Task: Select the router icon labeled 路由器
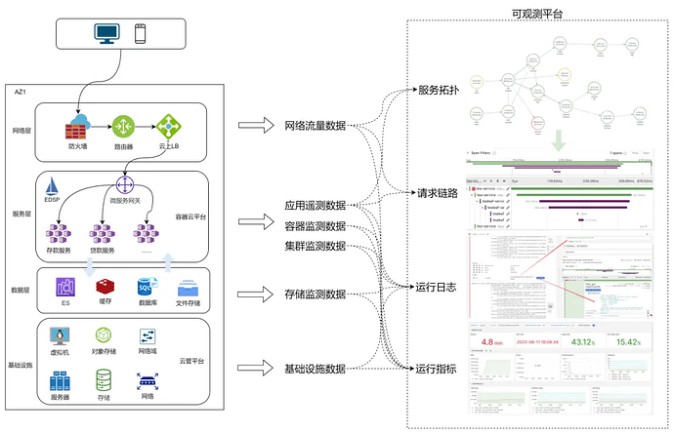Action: point(123,126)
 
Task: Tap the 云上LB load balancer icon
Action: point(169,126)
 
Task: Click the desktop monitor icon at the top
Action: point(107,34)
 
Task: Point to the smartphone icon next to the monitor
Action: point(141,34)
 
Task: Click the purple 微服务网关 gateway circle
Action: point(125,183)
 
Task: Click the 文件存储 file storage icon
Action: point(190,288)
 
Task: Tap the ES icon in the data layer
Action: point(66,286)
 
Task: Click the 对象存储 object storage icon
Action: point(103,336)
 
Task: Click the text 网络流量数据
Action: point(315,126)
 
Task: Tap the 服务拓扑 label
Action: point(438,90)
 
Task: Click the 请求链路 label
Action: point(438,193)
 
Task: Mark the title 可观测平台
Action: point(536,13)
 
